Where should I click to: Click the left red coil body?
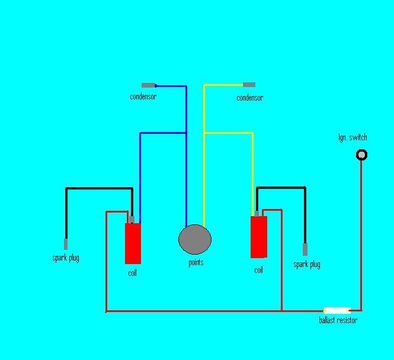click(x=133, y=243)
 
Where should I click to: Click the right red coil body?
click(x=259, y=237)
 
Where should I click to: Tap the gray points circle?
click(x=195, y=240)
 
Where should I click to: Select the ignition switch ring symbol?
click(x=361, y=155)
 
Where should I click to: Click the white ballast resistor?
click(x=337, y=310)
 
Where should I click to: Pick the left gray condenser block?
click(x=149, y=85)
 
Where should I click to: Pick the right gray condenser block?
click(x=249, y=85)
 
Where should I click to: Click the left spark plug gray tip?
click(x=66, y=244)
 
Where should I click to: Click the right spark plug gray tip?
click(x=305, y=249)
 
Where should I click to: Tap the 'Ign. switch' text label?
click(x=353, y=138)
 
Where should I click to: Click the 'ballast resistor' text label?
click(x=338, y=320)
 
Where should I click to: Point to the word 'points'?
click(x=196, y=262)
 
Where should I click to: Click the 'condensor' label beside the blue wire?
click(x=143, y=97)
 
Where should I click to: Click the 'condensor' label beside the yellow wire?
click(x=249, y=98)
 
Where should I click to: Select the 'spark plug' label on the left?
click(x=66, y=258)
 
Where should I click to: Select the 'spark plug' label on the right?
click(x=307, y=265)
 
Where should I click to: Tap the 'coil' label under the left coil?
click(x=132, y=273)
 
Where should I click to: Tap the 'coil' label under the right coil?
click(x=258, y=270)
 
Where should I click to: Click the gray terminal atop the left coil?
click(x=131, y=219)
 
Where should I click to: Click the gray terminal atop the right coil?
click(x=257, y=213)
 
